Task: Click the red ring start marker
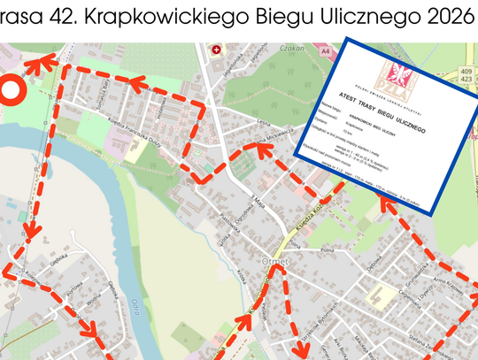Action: coord(11,90)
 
